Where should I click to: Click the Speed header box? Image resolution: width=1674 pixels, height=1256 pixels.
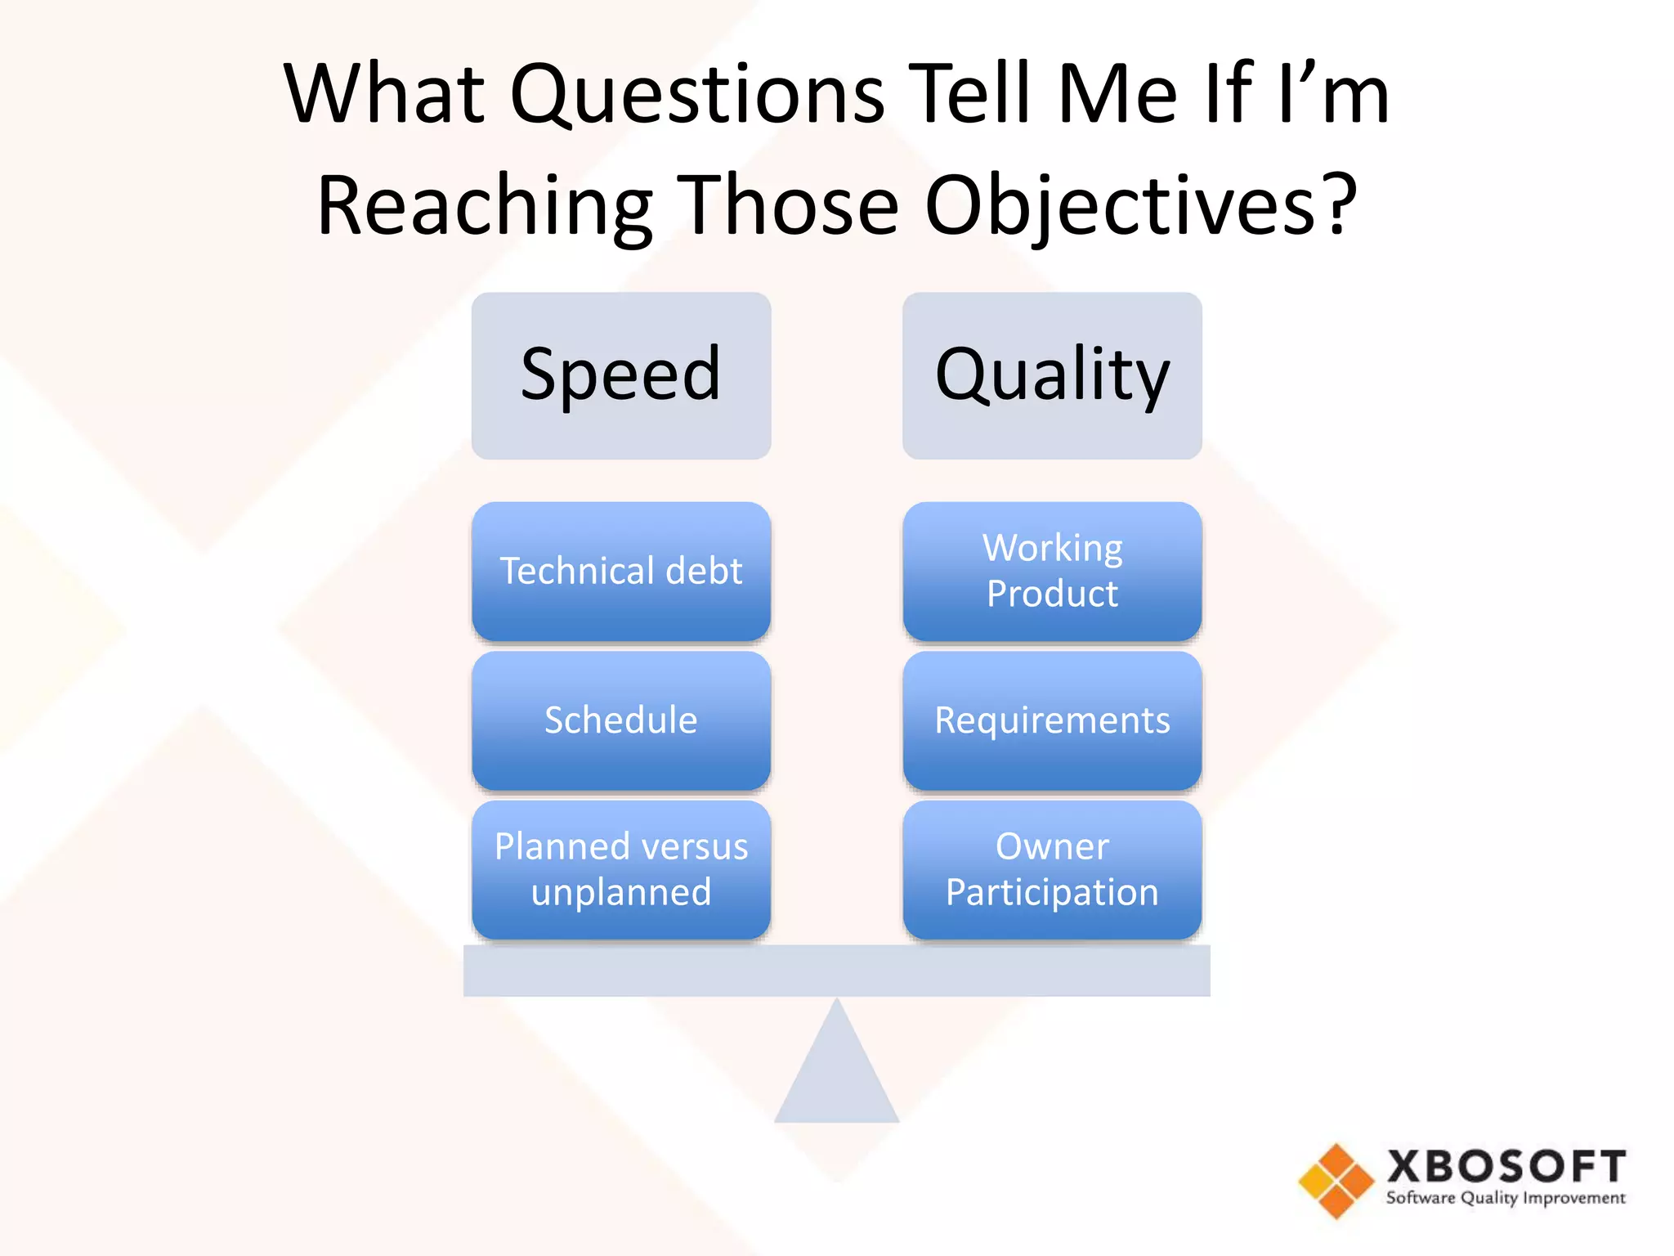click(621, 375)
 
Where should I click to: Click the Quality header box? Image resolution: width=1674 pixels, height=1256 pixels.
click(1052, 375)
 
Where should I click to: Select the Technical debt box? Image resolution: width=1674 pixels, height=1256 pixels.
click(621, 571)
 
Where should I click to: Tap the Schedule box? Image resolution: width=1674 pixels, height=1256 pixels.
click(621, 720)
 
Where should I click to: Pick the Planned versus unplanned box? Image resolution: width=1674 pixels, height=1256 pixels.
click(621, 869)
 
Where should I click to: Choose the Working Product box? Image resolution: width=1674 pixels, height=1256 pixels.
click(1052, 571)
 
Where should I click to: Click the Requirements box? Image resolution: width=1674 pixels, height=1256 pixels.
click(1052, 720)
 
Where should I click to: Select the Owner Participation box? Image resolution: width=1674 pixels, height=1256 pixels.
click(1052, 869)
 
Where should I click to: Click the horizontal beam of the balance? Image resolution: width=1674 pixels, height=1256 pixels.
click(836, 971)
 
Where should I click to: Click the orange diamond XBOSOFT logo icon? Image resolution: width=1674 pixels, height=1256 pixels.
click(1336, 1181)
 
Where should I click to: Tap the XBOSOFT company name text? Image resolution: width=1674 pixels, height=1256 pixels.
click(1506, 1166)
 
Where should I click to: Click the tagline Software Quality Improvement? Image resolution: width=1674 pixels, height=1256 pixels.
click(1506, 1199)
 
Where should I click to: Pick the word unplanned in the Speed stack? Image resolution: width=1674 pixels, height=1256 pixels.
click(621, 892)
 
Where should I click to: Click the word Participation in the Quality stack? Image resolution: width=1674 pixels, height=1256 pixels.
click(1052, 892)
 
